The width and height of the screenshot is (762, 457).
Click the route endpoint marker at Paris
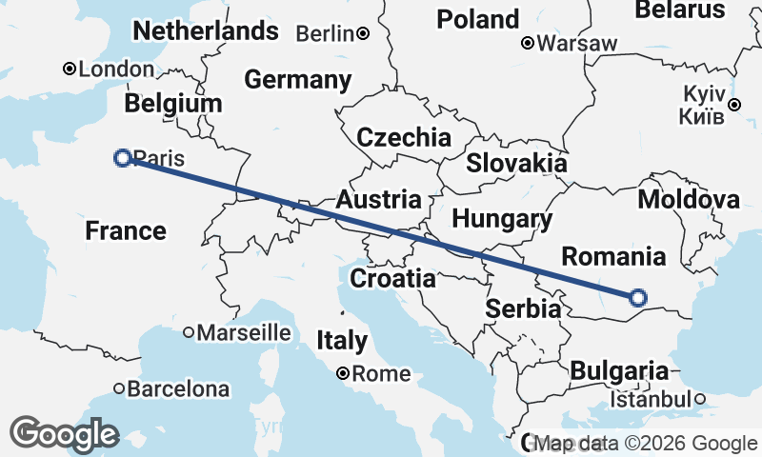122,158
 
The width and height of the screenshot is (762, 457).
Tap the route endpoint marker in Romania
638,298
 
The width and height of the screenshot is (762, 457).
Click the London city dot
70,69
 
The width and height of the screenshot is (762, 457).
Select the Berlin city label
325,33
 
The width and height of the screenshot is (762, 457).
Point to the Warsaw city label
577,43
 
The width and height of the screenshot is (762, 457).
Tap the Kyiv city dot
734,105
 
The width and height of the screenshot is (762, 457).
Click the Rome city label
381,374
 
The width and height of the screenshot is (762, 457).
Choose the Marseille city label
244,332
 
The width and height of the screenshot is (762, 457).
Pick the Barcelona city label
178,388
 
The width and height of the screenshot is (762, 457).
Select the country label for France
126,230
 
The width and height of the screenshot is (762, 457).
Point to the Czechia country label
404,137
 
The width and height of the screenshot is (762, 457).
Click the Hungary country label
502,220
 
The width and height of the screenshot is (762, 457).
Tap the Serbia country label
523,308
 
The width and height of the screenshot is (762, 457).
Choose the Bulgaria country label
619,370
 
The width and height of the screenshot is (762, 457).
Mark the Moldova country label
689,200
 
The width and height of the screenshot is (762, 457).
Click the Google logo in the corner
65,433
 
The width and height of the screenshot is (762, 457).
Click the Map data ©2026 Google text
646,444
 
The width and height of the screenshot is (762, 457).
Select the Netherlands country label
206,31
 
